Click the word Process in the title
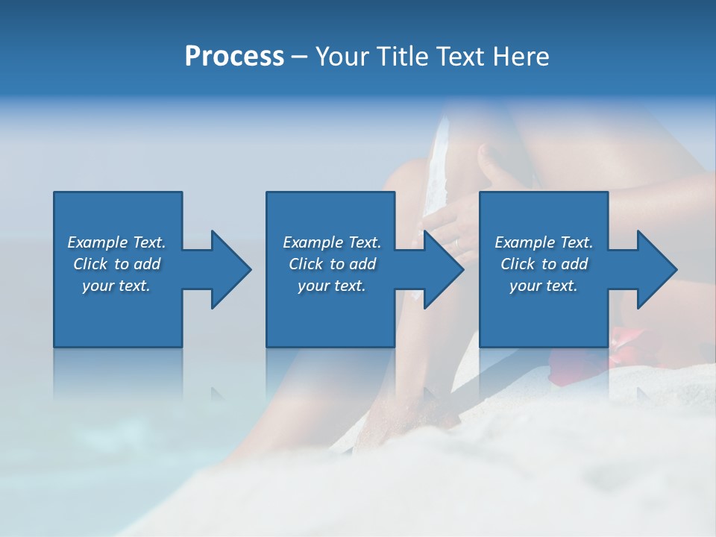pyautogui.click(x=234, y=57)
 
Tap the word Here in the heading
pyautogui.click(x=521, y=57)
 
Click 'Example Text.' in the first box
pyautogui.click(x=116, y=242)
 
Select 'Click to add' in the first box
pyautogui.click(x=116, y=264)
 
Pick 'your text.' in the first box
pyautogui.click(x=116, y=286)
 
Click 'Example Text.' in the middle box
pyautogui.click(x=332, y=242)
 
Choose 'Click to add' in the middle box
pyautogui.click(x=332, y=264)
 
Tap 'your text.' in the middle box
pyautogui.click(x=332, y=286)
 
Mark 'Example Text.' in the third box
pyautogui.click(x=544, y=242)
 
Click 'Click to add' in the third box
pyautogui.click(x=544, y=264)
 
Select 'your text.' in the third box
pyautogui.click(x=544, y=286)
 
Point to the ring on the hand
pyautogui.click(x=456, y=242)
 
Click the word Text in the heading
pyautogui.click(x=460, y=57)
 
